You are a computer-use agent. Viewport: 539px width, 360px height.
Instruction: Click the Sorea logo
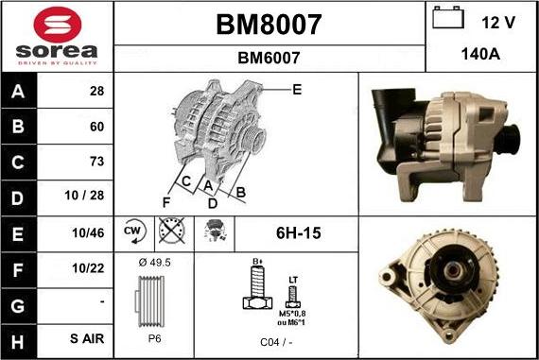(x=57, y=36)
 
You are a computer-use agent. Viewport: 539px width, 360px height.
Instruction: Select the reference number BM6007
(x=269, y=58)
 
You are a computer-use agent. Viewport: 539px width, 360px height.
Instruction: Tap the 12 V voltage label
(x=499, y=22)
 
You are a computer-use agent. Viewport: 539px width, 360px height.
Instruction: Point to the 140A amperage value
(x=480, y=56)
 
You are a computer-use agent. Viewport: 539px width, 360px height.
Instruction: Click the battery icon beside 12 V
(x=447, y=18)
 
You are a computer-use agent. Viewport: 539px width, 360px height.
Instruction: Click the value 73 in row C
(x=96, y=162)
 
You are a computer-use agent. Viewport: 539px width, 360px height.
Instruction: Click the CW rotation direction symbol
(x=133, y=231)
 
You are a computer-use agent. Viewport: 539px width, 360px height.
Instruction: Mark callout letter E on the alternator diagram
(x=297, y=90)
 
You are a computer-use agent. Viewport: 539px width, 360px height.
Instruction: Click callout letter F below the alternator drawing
(x=165, y=201)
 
